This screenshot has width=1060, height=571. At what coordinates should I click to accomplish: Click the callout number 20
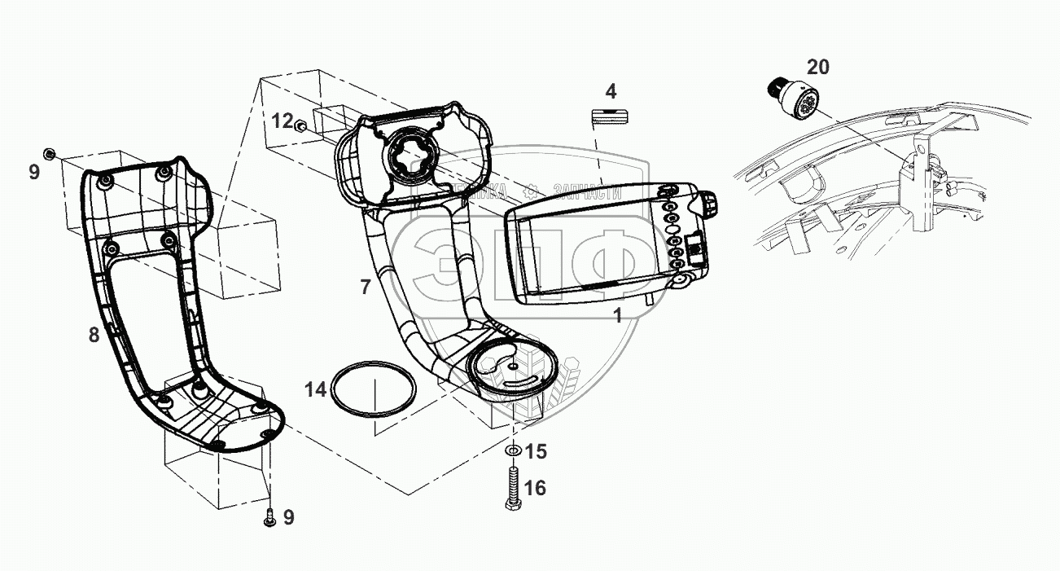817,67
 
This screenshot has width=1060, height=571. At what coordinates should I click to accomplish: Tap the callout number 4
611,90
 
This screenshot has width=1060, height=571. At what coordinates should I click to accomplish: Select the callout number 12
282,121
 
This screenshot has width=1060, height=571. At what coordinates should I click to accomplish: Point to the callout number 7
366,286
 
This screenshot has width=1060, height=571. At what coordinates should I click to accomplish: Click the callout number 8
94,334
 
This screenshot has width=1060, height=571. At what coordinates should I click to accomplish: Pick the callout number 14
317,389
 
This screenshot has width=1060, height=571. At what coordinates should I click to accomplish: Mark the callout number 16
535,488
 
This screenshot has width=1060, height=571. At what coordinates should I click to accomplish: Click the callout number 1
618,316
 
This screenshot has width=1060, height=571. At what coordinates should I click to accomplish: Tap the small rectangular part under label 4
610,115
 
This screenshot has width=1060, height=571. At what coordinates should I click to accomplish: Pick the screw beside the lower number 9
269,516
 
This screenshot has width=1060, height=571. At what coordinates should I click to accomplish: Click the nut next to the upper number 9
49,154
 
